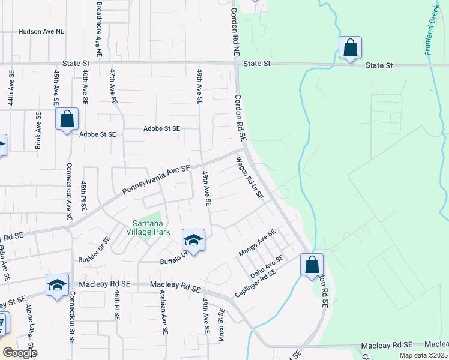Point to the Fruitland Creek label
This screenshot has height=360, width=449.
point(432,30)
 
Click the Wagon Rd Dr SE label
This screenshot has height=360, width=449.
point(249,178)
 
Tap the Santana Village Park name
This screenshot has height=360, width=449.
point(148,227)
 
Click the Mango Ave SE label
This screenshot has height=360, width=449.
point(257,243)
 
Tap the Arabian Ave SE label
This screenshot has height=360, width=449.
point(164,312)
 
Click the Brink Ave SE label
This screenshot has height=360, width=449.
point(38,130)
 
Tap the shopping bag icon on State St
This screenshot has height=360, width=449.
point(350,47)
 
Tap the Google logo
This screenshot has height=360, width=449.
point(19,353)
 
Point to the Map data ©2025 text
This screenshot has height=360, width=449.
point(423,355)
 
